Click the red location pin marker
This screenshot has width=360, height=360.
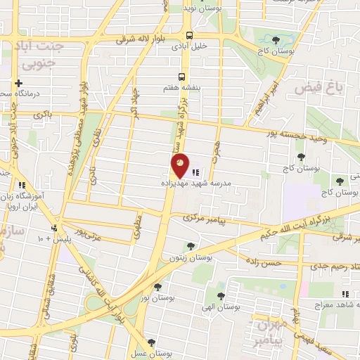pyautogui.click(x=180, y=165)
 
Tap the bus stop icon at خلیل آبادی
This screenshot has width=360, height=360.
pyautogui.click(x=188, y=35)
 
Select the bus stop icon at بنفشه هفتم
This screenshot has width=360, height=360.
pyautogui.click(x=181, y=77)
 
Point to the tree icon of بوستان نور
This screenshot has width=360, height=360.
pyautogui.click(x=157, y=287)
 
